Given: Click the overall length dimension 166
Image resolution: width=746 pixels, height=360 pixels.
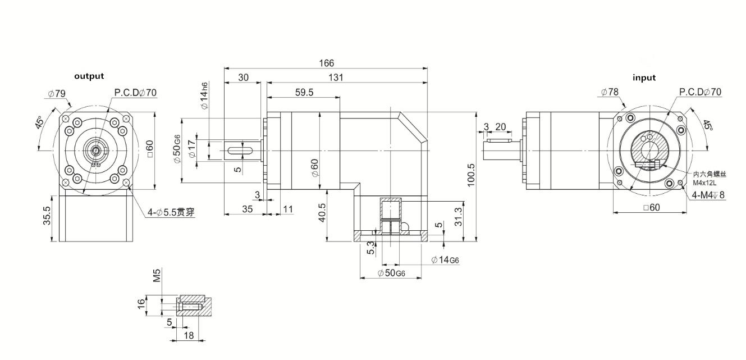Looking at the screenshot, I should click(x=326, y=63).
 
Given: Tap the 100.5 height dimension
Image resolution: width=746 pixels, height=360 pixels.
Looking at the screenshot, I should click(x=471, y=174).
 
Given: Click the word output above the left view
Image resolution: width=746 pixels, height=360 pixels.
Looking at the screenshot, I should click(x=89, y=76).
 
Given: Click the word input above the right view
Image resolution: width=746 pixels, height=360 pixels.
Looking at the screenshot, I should click(x=644, y=78).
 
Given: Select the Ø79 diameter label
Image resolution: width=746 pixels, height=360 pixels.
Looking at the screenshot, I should click(x=56, y=93).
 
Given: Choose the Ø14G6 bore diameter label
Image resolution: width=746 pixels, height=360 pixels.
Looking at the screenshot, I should click(x=445, y=259).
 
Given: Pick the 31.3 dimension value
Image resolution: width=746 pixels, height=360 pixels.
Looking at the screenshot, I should click(x=459, y=216).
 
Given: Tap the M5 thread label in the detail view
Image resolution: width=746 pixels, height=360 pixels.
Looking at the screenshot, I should click(x=157, y=276).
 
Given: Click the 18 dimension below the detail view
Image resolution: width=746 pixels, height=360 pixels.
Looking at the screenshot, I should click(x=189, y=335).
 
